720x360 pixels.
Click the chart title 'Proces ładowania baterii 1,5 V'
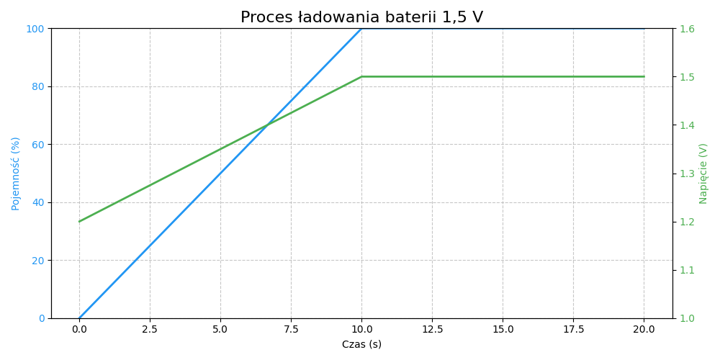361,17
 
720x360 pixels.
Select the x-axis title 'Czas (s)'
361,345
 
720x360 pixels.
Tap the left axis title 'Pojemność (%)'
16,174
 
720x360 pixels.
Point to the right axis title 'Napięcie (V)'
703,174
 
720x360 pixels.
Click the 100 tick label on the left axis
35,29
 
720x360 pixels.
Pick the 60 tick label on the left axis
37,145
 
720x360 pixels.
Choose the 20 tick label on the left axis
37,261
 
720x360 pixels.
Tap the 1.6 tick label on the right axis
686,29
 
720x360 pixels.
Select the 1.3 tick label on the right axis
686,174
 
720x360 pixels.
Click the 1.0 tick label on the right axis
686,318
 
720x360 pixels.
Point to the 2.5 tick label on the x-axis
150,330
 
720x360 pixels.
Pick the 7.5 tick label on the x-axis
291,330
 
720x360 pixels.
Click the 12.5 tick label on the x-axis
432,330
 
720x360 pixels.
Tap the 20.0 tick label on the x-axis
644,330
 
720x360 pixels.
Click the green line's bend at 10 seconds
361,76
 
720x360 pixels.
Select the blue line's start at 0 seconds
79,318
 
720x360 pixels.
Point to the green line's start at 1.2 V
79,221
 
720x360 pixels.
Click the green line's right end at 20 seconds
644,76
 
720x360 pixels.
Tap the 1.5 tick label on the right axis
686,77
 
